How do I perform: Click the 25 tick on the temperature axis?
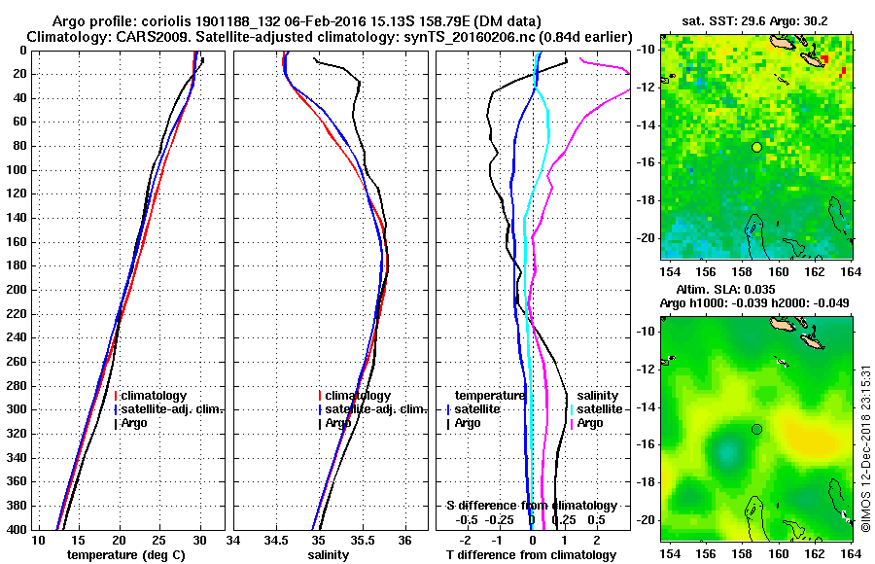pos(159,540)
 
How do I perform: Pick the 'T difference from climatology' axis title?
pos(531,555)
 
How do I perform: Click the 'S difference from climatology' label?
pos(531,506)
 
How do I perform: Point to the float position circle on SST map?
pos(756,147)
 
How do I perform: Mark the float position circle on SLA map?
pos(756,429)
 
